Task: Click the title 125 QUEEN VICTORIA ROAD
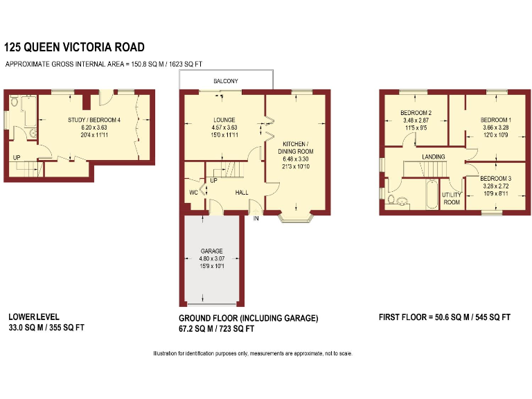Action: pos(75,47)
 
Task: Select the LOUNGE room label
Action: pos(224,119)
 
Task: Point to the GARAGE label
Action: pos(210,250)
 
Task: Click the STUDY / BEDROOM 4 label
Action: pos(94,120)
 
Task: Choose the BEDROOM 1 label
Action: pos(496,120)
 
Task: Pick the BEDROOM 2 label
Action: pos(416,113)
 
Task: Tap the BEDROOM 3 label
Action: pos(496,178)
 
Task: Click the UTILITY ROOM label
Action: pos(452,199)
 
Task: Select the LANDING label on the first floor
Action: pos(434,157)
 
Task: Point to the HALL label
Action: pos(242,193)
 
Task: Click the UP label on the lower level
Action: pos(16,157)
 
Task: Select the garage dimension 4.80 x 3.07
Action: pos(210,258)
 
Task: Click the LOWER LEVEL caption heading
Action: pos(28,317)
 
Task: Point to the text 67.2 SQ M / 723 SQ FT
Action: pos(217,329)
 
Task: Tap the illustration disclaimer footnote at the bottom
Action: pos(253,354)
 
